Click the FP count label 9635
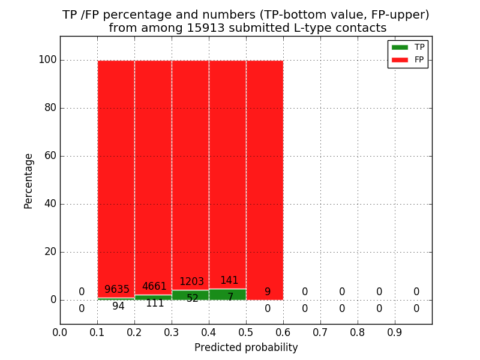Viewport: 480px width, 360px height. click(117, 290)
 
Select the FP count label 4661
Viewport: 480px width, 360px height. click(154, 287)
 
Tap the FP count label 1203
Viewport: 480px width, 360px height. click(191, 282)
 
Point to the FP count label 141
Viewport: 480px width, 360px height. click(229, 281)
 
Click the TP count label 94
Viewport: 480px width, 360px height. click(118, 307)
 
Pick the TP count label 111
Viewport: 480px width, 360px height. click(155, 304)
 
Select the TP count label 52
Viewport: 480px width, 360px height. click(192, 299)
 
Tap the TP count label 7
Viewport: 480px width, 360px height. click(230, 297)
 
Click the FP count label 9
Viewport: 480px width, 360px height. click(268, 292)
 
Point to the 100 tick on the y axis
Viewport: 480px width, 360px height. click(47, 60)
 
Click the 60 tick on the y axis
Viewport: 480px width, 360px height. click(50, 156)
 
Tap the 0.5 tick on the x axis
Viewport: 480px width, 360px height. click(246, 332)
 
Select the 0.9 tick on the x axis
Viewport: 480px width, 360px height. click(395, 332)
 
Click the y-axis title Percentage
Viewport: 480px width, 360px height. click(28, 181)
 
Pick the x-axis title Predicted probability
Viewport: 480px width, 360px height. click(246, 347)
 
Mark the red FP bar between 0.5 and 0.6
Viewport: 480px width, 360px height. click(265, 180)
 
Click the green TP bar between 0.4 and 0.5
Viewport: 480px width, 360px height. click(227, 295)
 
